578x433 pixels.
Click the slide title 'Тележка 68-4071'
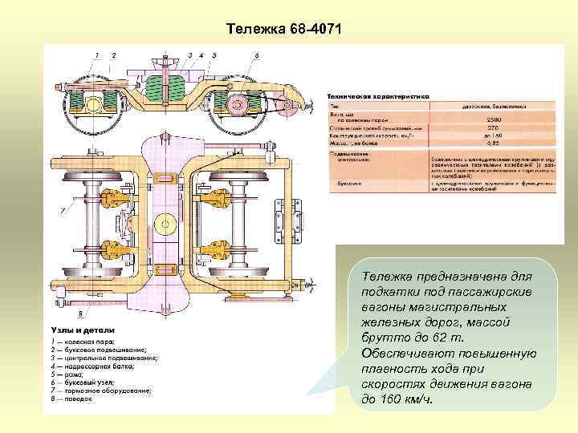pos(283,30)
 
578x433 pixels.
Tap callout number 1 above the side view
pos(97,55)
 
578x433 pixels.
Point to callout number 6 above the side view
pos(256,55)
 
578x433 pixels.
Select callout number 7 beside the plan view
pos(61,211)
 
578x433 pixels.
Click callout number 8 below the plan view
pos(80,312)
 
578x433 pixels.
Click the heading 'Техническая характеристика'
pos(377,96)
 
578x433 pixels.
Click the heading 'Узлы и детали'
pos(83,330)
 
